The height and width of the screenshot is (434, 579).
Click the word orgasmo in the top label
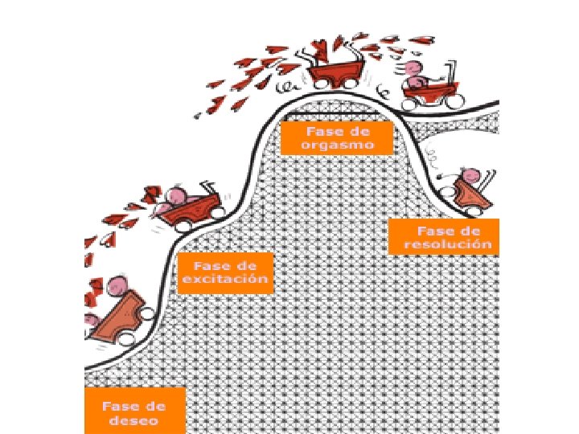click(x=335, y=145)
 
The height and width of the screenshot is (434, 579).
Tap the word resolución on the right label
click(x=448, y=244)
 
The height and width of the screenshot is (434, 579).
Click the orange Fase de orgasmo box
click(x=336, y=137)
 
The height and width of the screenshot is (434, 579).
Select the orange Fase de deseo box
click(x=135, y=411)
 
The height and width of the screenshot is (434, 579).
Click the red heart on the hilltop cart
click(x=321, y=47)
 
